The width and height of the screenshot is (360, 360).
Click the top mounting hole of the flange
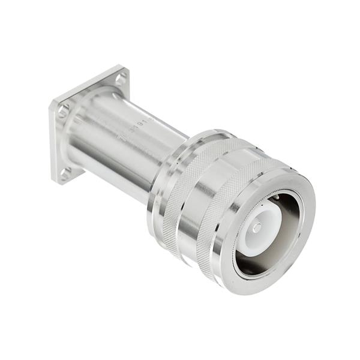[x=120, y=78]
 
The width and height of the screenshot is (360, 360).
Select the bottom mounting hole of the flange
[x=65, y=172]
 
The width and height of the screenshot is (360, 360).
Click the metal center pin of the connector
[x=257, y=227]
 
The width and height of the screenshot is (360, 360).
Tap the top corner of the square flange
[x=122, y=67]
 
